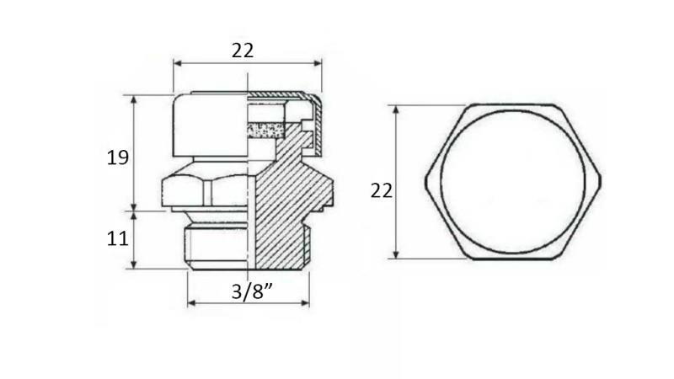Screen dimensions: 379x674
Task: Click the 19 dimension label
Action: coord(117,157)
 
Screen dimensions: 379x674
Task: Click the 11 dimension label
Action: coord(117,238)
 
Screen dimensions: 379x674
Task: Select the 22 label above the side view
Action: coord(243,51)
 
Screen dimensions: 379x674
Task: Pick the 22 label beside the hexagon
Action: coord(382,190)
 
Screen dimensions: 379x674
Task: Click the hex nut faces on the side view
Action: coord(206,190)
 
